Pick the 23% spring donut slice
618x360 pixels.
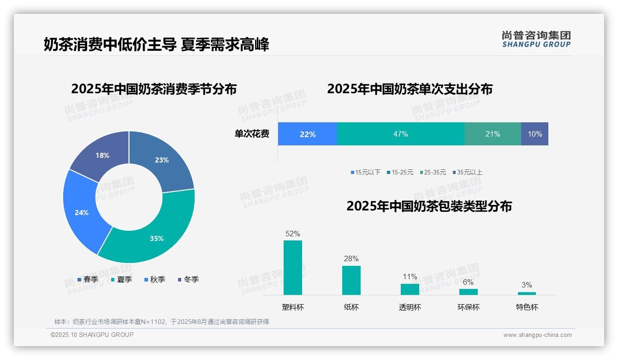pyautogui.click(x=161, y=159)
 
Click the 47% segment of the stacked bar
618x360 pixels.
pyautogui.click(x=400, y=134)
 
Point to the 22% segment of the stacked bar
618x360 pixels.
pyautogui.click(x=308, y=134)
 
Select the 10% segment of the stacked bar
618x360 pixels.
pyautogui.click(x=535, y=134)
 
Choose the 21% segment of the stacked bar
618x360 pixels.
pyautogui.click(x=493, y=134)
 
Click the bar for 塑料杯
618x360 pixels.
pyautogui.click(x=293, y=268)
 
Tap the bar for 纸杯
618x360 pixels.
pyautogui.click(x=351, y=280)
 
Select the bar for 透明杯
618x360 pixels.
pyautogui.click(x=410, y=289)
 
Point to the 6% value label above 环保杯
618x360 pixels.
pyautogui.click(x=468, y=282)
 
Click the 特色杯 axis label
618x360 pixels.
pyautogui.click(x=527, y=307)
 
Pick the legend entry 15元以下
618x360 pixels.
pyautogui.click(x=365, y=172)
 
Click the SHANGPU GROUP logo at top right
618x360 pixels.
pyautogui.click(x=536, y=39)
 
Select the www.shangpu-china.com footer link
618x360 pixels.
pyautogui.click(x=537, y=335)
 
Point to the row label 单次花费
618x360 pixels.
pyautogui.click(x=252, y=134)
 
